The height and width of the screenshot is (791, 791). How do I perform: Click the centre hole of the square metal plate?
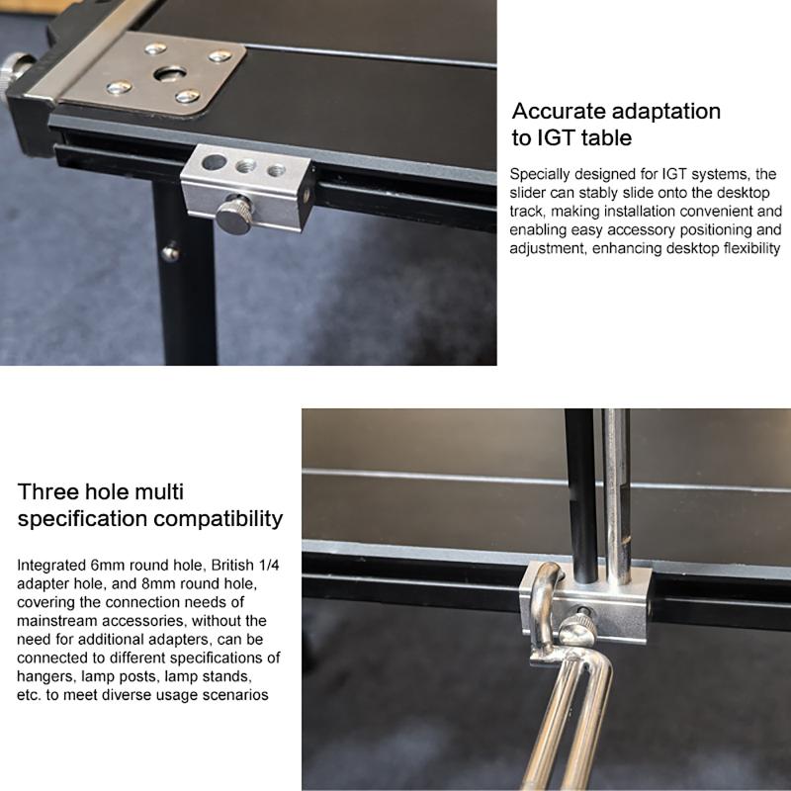click(x=169, y=74)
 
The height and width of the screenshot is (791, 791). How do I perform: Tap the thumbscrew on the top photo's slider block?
click(x=234, y=215)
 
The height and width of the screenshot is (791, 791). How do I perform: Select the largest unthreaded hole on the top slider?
click(x=214, y=162)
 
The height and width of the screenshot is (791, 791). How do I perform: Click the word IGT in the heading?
click(x=555, y=137)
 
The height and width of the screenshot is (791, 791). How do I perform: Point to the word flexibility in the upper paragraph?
click(x=751, y=249)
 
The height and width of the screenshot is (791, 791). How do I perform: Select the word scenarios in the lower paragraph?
click(x=235, y=695)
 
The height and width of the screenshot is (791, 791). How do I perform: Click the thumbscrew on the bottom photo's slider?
click(x=578, y=628)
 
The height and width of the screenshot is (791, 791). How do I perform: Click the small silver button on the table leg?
click(x=170, y=253)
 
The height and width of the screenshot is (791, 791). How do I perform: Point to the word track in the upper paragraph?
click(x=524, y=212)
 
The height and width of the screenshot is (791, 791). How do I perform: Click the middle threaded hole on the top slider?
click(x=245, y=165)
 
